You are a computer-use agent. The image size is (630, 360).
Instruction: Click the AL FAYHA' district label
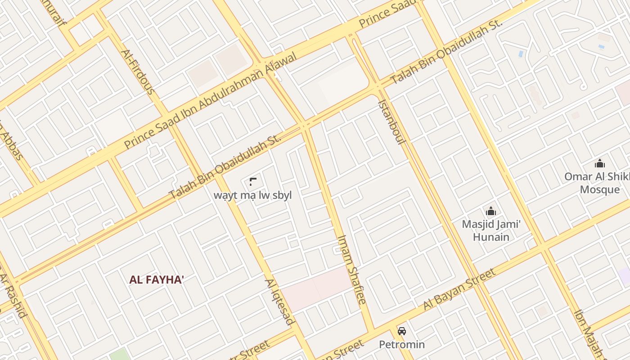pyautogui.click(x=157, y=279)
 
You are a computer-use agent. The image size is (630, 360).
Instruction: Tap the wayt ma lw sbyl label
pyautogui.click(x=253, y=195)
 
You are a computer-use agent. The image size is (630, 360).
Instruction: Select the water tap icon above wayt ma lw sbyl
pyautogui.click(x=252, y=182)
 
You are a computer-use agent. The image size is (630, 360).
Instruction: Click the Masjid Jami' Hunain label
pyautogui.click(x=491, y=230)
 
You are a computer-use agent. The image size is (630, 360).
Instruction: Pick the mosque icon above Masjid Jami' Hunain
pyautogui.click(x=490, y=211)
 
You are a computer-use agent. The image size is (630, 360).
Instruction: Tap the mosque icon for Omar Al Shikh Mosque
pyautogui.click(x=599, y=163)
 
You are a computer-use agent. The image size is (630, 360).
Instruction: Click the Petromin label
pyautogui.click(x=401, y=345)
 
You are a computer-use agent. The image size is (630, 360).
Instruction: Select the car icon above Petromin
pyautogui.click(x=402, y=331)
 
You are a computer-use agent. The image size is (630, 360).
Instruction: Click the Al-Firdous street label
pyautogui.click(x=138, y=72)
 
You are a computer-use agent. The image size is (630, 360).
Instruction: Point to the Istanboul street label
pyautogui.click(x=391, y=121)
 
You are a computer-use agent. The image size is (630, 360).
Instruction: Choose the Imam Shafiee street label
pyautogui.click(x=352, y=269)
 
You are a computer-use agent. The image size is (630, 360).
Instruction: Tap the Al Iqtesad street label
pyautogui.click(x=279, y=301)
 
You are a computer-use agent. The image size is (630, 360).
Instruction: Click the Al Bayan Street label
pyautogui.click(x=459, y=289)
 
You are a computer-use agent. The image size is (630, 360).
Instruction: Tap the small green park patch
pyautogui.click(x=119, y=355)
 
